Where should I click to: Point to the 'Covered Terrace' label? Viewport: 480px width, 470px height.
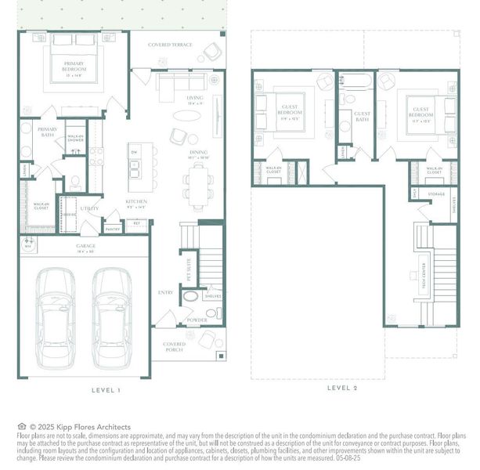pos(170,45)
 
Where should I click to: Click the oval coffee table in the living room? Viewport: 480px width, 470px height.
pos(186,115)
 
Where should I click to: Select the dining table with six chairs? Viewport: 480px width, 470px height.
pos(197,186)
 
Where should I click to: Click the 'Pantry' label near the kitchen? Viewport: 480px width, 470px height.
pos(113,229)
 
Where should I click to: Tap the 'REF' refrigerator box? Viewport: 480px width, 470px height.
pos(136,222)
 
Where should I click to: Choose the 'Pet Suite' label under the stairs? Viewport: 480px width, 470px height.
pos(189,270)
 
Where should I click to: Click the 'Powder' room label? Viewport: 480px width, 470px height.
pos(196,320)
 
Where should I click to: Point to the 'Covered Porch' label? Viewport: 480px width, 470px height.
pos(174,347)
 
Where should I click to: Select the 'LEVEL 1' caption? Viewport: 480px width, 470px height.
pos(106,389)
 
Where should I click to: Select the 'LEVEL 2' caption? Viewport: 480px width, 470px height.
pos(342,387)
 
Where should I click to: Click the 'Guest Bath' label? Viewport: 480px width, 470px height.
pos(362,117)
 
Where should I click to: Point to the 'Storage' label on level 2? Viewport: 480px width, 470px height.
pos(436,194)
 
